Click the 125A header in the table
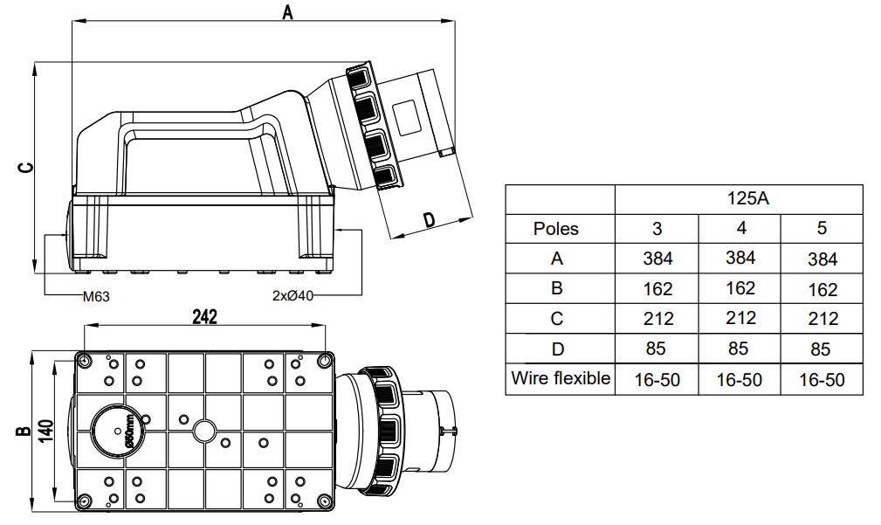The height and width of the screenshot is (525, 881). pyautogui.click(x=739, y=199)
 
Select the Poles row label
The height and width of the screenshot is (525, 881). pyautogui.click(x=556, y=229)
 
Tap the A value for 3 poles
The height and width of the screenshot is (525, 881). pyautogui.click(x=657, y=258)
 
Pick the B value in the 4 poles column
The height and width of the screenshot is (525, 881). pyautogui.click(x=739, y=287)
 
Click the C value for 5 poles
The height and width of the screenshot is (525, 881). pyautogui.click(x=822, y=318)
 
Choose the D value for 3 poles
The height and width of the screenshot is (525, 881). pyautogui.click(x=657, y=349)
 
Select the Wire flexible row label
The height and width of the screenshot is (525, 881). pyautogui.click(x=561, y=379)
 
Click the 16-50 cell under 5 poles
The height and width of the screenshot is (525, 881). pyautogui.click(x=822, y=380)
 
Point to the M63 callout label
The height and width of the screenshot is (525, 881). pyautogui.click(x=96, y=296)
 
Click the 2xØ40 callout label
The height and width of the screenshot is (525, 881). pyautogui.click(x=293, y=296)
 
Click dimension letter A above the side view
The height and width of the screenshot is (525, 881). pyautogui.click(x=286, y=12)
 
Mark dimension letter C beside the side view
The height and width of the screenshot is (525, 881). pyautogui.click(x=25, y=166)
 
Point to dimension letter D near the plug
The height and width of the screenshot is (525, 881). pyautogui.click(x=430, y=220)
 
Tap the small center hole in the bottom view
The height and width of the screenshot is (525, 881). pyautogui.click(x=204, y=430)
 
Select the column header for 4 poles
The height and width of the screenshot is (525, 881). pyautogui.click(x=739, y=229)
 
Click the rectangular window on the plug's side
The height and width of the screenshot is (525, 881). pyautogui.click(x=407, y=118)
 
